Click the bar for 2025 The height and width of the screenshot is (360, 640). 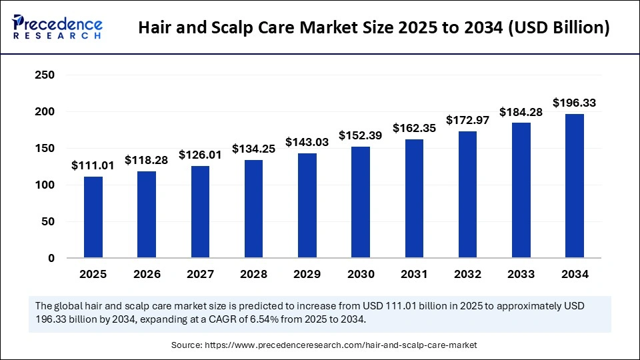(x=93, y=217)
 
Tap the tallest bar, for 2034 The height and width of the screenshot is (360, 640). (x=574, y=186)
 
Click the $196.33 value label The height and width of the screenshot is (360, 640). (x=574, y=103)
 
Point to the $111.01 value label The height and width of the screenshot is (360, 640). (x=93, y=165)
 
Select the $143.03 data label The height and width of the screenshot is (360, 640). (x=307, y=142)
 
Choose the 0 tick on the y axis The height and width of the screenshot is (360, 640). (x=50, y=258)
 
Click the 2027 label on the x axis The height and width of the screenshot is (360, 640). (x=200, y=274)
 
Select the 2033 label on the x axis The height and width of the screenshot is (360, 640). (x=521, y=274)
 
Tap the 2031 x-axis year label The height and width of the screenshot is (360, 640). (x=414, y=274)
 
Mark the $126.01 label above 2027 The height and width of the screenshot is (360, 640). (x=200, y=155)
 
